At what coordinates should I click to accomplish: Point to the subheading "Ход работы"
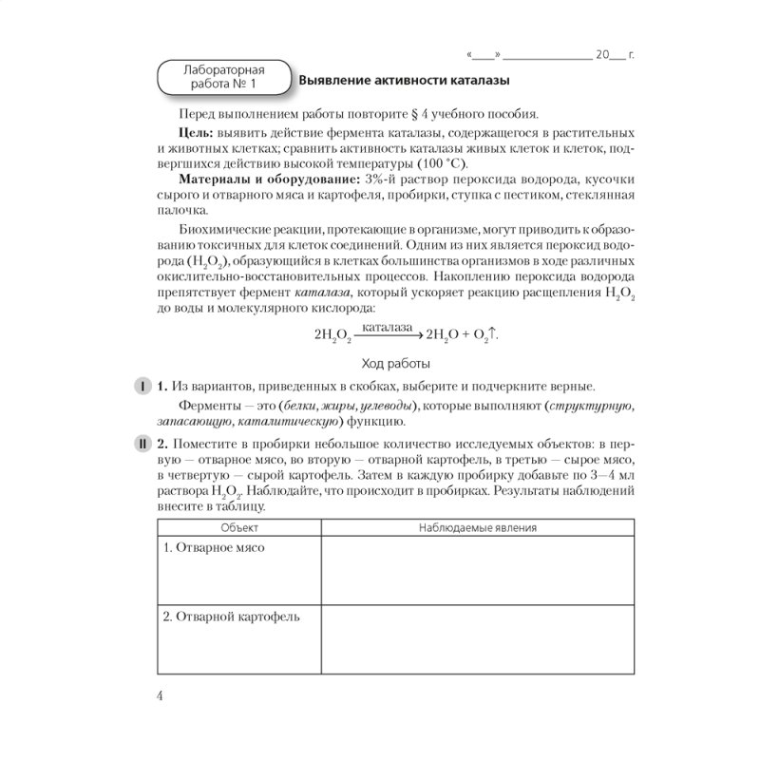pos(396,363)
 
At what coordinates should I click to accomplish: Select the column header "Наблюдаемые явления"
pos(478,527)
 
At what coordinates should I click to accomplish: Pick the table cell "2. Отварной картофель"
pos(231,617)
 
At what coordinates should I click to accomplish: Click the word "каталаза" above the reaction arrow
pos(387,326)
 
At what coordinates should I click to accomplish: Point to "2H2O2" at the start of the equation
pos(332,335)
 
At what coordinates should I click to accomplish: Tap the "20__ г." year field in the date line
pos(614,55)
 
